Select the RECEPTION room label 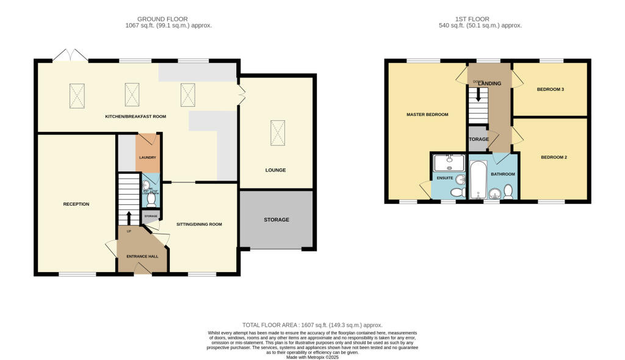coord(76,204)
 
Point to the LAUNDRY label coord(148,158)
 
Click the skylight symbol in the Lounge coord(277,134)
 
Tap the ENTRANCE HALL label coord(142,256)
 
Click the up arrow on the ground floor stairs coord(129,218)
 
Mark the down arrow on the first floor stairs coord(479,94)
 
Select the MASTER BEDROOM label coord(427,114)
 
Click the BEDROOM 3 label coord(550,90)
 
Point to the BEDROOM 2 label coord(554,157)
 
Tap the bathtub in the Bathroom coord(477,180)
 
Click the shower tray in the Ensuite coord(449,163)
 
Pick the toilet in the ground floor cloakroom coord(151,198)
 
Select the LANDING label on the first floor coord(491,84)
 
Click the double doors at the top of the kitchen coord(71,56)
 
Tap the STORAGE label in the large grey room coord(276,220)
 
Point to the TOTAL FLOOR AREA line coord(312,325)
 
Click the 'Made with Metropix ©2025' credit coord(312,356)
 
